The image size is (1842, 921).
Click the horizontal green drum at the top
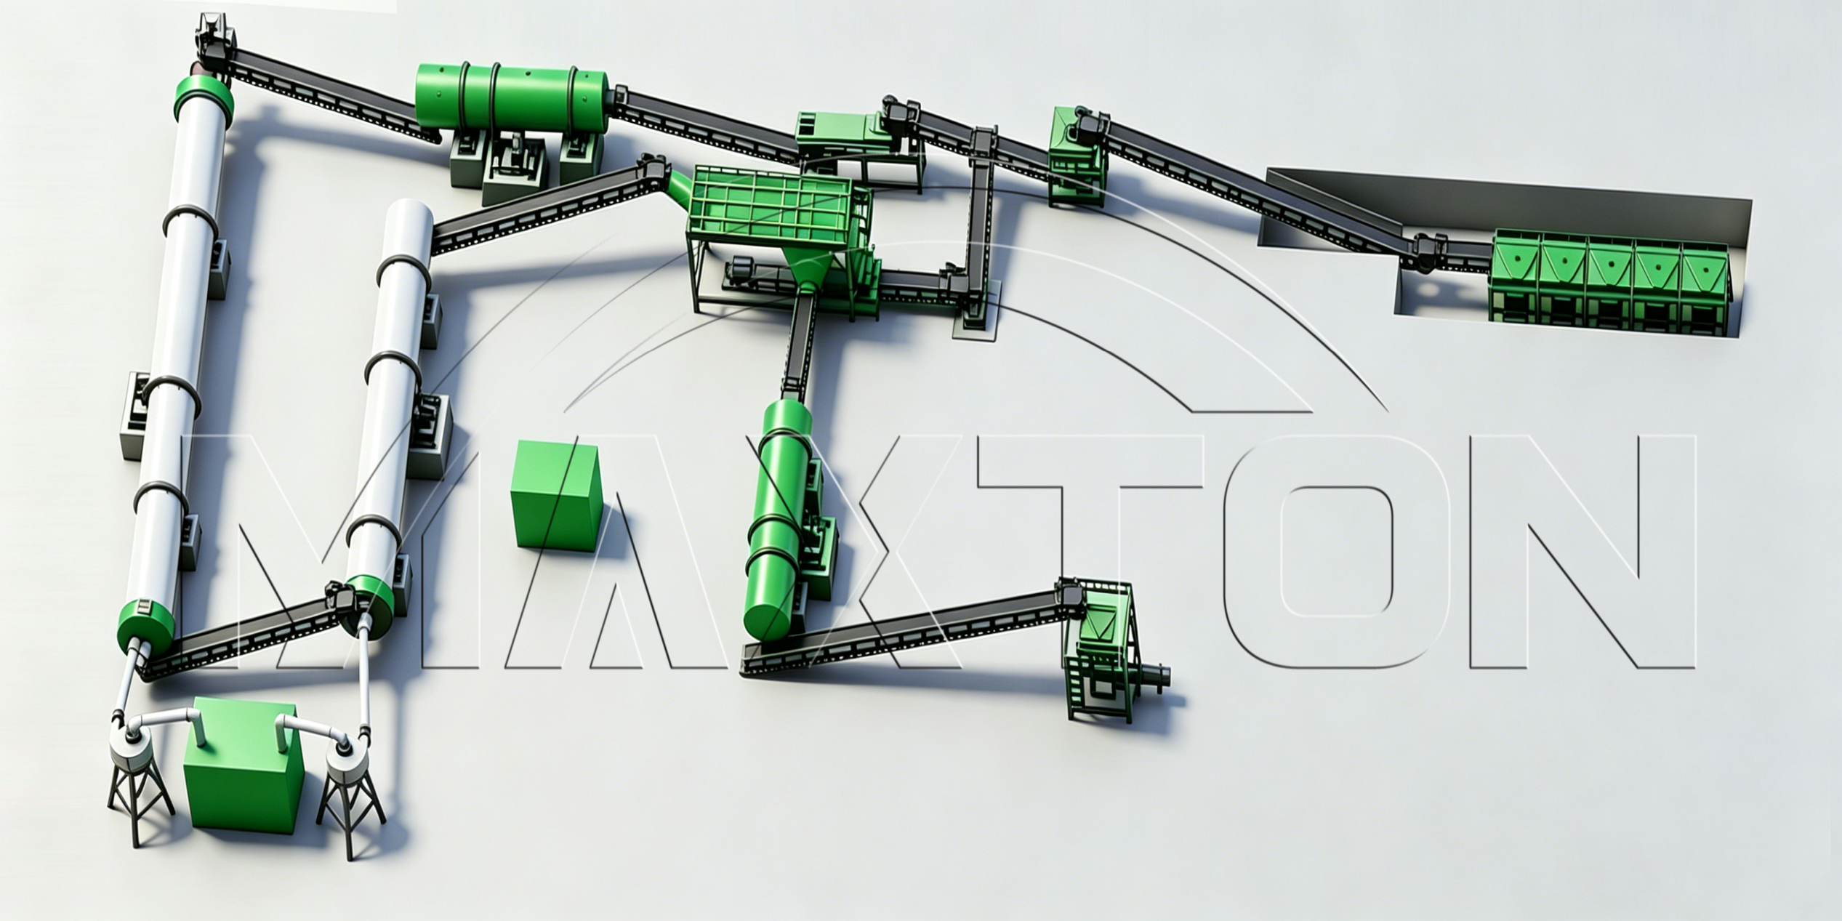[x=510, y=100]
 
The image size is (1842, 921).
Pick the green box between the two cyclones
[x=242, y=767]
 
